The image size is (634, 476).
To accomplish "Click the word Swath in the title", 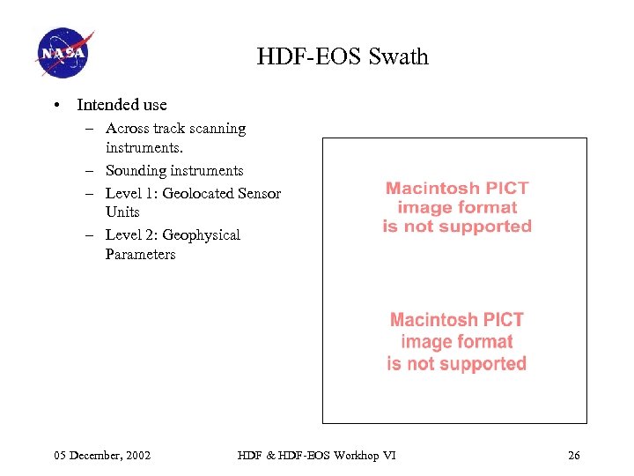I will pos(400,57).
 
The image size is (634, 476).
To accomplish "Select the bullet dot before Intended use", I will pos(55,106).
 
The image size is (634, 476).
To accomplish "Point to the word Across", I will pos(127,129).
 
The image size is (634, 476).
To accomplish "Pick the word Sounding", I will pos(136,170).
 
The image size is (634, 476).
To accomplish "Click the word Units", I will pos(122,212).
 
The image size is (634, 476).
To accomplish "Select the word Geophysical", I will pos(201,235).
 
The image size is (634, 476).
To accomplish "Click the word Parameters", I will pos(140,255).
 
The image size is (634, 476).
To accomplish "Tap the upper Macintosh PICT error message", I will pos(457,207).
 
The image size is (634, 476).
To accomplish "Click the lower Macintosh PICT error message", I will pos(456,341).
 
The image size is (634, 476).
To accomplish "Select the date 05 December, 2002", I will pos(102,456).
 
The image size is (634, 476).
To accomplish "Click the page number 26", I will pos(574,456).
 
